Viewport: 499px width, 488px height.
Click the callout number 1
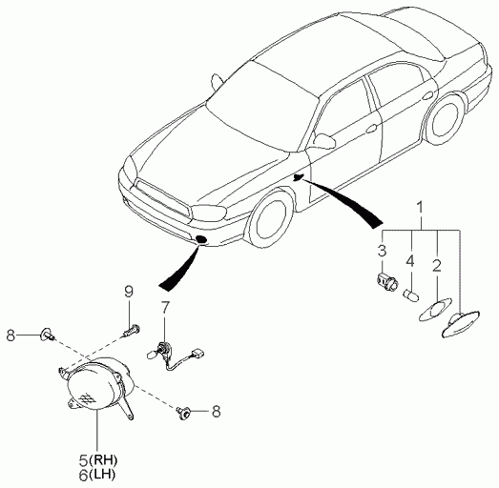[x=421, y=207]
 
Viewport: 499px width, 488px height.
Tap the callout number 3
[x=382, y=251]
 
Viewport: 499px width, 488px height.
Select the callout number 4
[x=410, y=261]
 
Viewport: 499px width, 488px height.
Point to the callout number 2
[x=437, y=266]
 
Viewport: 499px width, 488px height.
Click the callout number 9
[x=128, y=292]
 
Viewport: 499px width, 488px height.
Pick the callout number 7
[x=165, y=307]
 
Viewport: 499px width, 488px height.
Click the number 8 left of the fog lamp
[x=10, y=335]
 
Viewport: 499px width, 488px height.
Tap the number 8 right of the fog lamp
[x=216, y=411]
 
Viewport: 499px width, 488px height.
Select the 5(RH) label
[x=98, y=460]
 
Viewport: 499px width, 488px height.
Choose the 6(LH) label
[x=97, y=476]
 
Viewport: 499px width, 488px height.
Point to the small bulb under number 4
[x=412, y=295]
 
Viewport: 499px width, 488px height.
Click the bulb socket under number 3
[x=386, y=281]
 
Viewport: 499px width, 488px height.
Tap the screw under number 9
[x=131, y=331]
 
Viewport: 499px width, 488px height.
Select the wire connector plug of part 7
[x=198, y=354]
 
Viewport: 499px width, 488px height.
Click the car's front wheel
[x=271, y=219]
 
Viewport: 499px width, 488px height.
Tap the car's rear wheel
[x=445, y=118]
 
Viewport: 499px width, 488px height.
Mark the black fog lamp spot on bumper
[x=201, y=239]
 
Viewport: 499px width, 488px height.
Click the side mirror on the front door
[x=324, y=140]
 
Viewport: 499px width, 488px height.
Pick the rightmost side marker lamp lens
[x=461, y=323]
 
